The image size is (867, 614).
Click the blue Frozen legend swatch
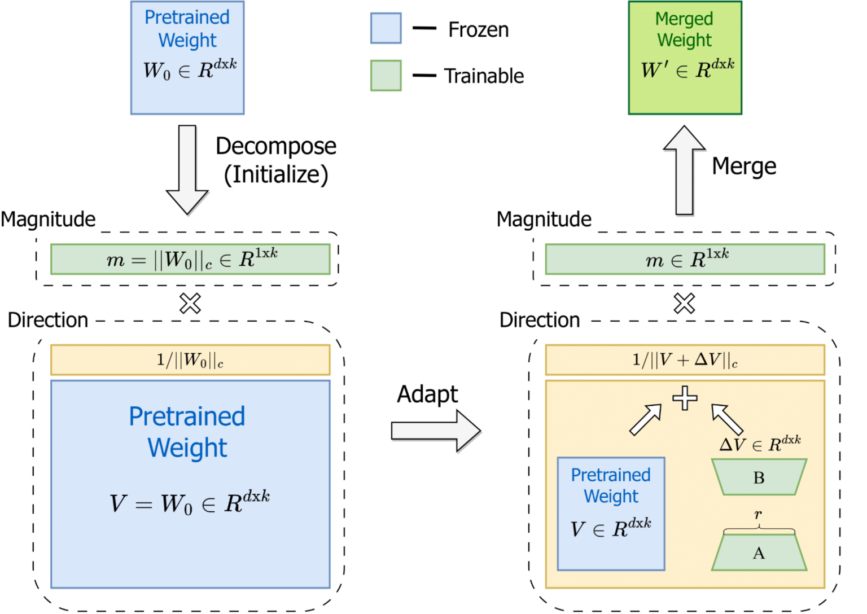click(x=386, y=28)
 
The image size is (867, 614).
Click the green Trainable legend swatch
click(x=386, y=76)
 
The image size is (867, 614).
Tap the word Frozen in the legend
click(x=478, y=30)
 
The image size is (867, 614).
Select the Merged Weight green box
click(x=685, y=58)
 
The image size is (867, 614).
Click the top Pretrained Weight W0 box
click(x=187, y=58)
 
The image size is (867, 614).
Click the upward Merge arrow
click(x=685, y=169)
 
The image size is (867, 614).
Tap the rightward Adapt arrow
click(x=435, y=431)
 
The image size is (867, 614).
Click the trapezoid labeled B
click(x=759, y=477)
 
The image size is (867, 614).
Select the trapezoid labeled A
click(x=759, y=553)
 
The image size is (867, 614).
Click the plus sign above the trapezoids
click(x=685, y=398)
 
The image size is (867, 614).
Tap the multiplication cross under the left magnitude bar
click(x=190, y=304)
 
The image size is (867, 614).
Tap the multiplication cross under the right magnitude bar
click(x=684, y=304)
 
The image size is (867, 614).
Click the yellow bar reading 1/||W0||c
click(x=190, y=360)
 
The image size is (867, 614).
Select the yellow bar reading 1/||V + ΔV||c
click(x=685, y=360)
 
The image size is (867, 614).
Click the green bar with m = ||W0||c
click(x=190, y=260)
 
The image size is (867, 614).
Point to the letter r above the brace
click(x=758, y=514)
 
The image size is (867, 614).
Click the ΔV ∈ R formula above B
click(x=760, y=444)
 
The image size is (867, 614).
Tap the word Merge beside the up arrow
click(x=743, y=166)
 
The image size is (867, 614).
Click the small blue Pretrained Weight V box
click(x=611, y=514)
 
